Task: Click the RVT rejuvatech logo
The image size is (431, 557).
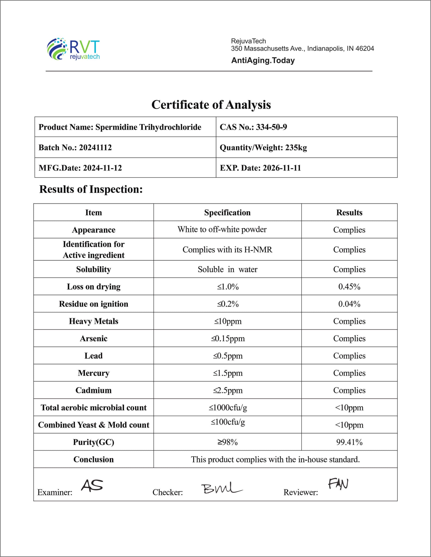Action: coord(74,49)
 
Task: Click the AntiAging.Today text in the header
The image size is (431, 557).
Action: coord(263,60)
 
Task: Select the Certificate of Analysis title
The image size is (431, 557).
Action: coord(211,105)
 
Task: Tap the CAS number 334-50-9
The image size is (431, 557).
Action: coord(271,127)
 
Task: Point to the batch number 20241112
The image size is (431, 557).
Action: coord(95,147)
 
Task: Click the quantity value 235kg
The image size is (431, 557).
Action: coord(296,148)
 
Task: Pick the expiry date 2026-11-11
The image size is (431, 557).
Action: coord(282,168)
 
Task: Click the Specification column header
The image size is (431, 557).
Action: coord(227,212)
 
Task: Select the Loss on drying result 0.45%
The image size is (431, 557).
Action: coord(349,287)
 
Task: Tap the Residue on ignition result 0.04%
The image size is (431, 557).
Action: coord(349,304)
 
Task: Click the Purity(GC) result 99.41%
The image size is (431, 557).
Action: coord(349,442)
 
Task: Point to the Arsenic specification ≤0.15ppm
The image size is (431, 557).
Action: coord(228,339)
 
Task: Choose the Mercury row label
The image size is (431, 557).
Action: coord(93,373)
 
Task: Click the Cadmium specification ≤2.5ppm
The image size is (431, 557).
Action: coord(228,391)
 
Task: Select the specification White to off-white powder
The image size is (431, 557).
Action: coord(222,230)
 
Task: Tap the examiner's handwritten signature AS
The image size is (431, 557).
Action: coord(92,485)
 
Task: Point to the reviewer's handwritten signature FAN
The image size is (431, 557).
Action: coord(338,484)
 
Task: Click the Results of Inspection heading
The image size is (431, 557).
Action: coord(91,189)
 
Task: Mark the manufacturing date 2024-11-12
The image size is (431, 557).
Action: coord(102,168)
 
